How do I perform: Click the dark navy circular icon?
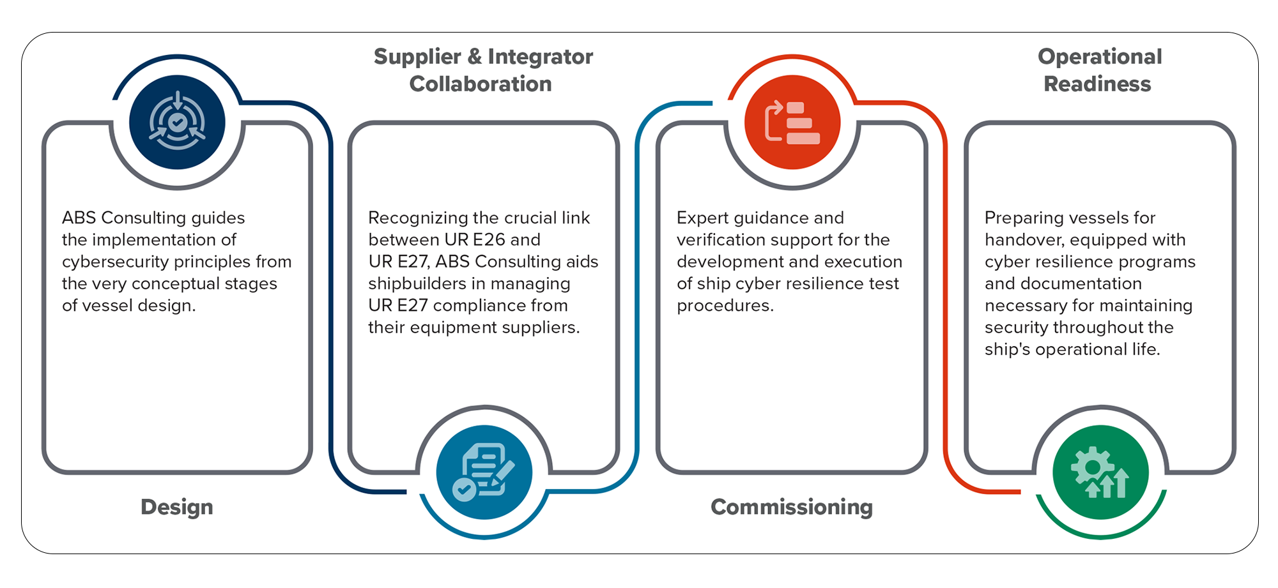click(177, 122)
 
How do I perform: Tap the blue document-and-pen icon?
click(484, 472)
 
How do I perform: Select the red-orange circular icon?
click(792, 122)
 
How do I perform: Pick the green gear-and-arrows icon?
click(1100, 472)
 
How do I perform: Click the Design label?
click(177, 507)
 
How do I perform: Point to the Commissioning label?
click(792, 507)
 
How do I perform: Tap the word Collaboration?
click(481, 84)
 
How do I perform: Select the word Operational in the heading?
click(1100, 57)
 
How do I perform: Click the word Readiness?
click(1097, 84)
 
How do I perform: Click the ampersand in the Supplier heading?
click(474, 57)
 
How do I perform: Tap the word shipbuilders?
click(417, 283)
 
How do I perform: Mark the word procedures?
click(725, 306)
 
